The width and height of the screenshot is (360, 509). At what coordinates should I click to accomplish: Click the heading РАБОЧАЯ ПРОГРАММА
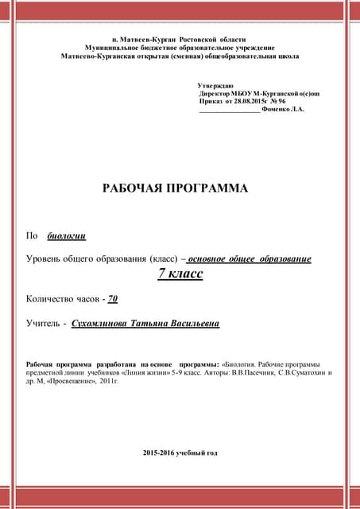[x=175, y=188]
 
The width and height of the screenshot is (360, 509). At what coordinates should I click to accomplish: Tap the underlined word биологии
[x=67, y=235]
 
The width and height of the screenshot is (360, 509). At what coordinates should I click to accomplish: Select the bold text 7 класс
[x=180, y=274]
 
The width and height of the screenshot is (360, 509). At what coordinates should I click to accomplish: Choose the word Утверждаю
[x=215, y=85]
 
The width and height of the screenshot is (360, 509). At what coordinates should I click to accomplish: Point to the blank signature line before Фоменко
[x=229, y=111]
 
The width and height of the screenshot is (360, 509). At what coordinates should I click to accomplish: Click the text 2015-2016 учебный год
[x=180, y=453]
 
